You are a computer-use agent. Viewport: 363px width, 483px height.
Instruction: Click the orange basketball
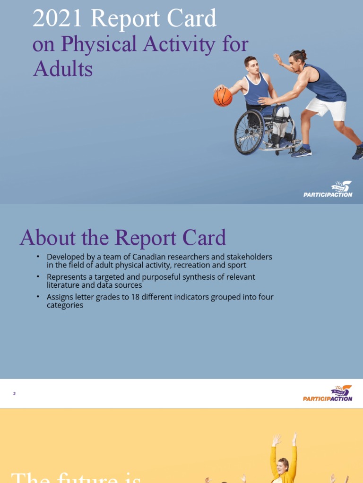pos(223,97)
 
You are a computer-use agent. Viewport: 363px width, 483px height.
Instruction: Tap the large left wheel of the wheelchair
pos(249,132)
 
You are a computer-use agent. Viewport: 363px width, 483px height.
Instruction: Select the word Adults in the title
pos(63,69)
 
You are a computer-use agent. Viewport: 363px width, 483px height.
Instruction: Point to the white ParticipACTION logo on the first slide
pos(328,190)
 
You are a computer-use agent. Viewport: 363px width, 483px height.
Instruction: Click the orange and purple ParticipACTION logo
pos(328,393)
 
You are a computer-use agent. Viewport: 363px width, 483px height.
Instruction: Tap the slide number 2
pos(15,394)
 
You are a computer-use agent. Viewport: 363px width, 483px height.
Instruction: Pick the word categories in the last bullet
pos(65,305)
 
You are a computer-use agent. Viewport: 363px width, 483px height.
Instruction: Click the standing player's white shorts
pos(326,108)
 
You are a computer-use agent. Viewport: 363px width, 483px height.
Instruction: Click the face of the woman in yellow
pos(283,466)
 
